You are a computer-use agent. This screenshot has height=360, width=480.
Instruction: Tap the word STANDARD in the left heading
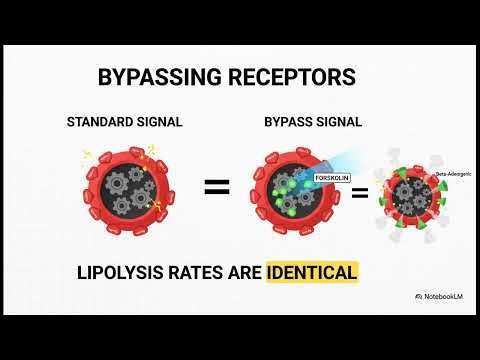click(97, 123)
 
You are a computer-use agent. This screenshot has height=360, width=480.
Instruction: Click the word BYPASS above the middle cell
click(287, 123)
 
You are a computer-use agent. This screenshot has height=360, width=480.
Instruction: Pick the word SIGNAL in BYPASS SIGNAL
click(338, 123)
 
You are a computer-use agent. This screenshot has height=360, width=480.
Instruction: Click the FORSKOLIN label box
click(331, 176)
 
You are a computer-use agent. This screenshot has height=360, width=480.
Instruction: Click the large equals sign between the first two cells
click(217, 187)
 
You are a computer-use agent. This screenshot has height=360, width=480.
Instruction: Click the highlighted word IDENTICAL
click(311, 271)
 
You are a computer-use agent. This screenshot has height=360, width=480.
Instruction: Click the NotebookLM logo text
click(443, 297)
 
